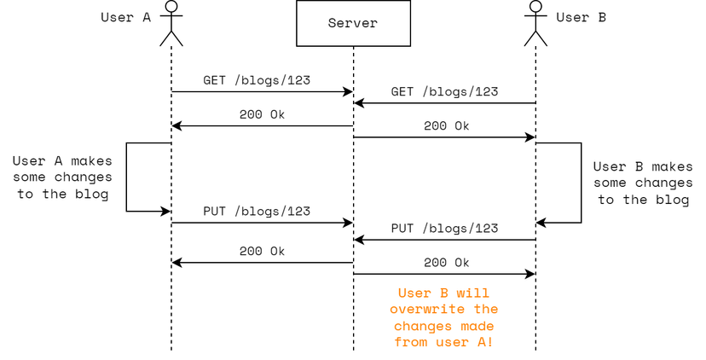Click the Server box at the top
pos(353,23)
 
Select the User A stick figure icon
pos(171,23)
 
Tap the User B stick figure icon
pos(535,23)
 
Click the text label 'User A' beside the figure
pos(125,16)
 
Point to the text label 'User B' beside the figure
pos(581,16)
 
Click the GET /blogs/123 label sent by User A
pos(256,80)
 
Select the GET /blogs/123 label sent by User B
pos(444,91)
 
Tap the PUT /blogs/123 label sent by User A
pos(256,211)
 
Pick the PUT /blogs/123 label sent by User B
pos(444,228)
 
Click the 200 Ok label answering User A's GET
pos(262,114)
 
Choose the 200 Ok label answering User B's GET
pos(446,125)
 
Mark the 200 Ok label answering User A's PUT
pos(262,251)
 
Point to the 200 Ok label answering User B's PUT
pos(446,262)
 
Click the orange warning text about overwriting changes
pos(445,317)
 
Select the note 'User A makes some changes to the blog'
pos(61,177)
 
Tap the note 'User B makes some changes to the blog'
pos(643,183)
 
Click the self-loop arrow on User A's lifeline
pos(127,177)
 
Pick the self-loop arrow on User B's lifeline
pos(581,183)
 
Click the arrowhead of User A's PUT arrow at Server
pos(348,223)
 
